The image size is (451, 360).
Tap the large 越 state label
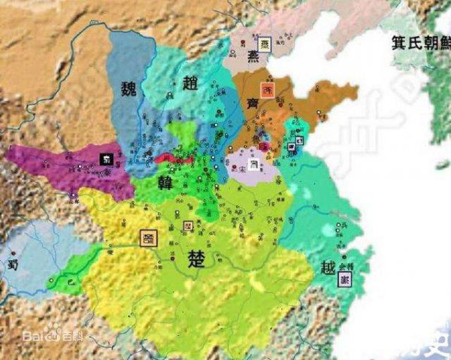pos(327,267)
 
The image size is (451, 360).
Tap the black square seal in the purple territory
pos(106,159)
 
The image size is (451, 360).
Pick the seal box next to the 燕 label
pos(265,44)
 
